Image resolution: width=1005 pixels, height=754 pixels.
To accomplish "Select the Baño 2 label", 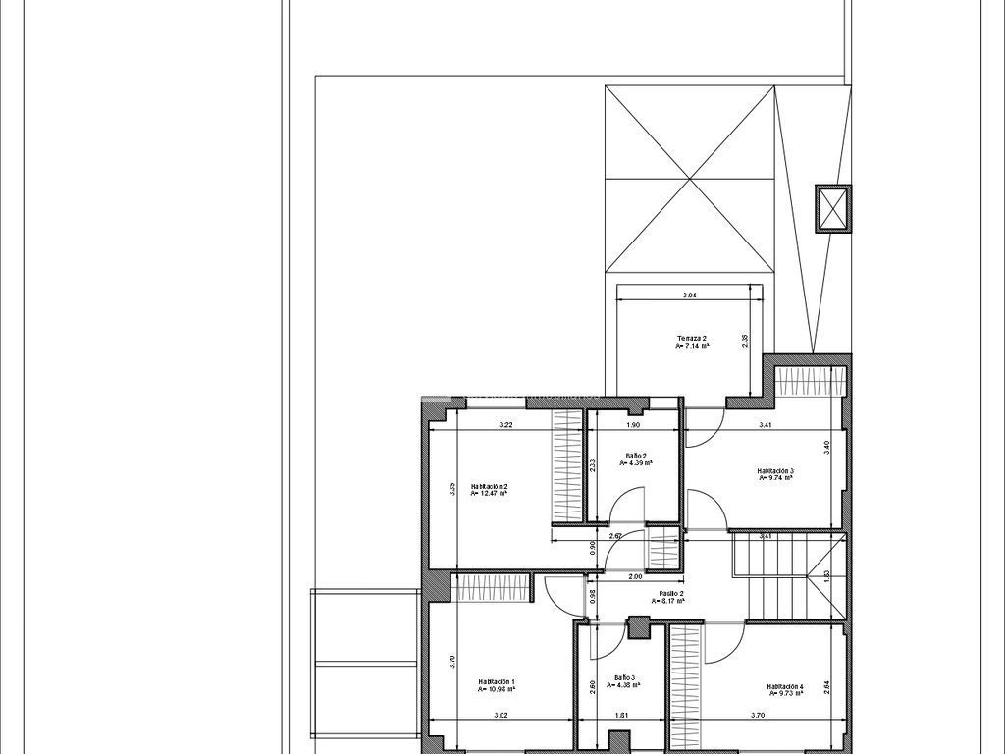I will click(x=636, y=456).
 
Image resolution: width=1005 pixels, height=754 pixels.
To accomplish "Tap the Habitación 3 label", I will click(x=775, y=471).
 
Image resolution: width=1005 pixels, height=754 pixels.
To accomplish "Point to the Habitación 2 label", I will click(x=489, y=486).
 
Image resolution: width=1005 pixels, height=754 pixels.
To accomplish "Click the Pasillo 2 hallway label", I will click(x=671, y=594).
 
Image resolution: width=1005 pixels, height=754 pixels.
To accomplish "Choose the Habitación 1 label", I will click(x=497, y=681).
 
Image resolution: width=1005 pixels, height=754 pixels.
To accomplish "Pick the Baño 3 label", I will click(x=625, y=677).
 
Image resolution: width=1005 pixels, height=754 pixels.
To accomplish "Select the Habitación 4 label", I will click(x=785, y=687).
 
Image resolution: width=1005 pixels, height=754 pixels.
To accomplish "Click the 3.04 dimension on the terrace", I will click(x=690, y=295).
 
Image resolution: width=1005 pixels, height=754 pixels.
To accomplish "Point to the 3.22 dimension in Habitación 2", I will click(x=505, y=425).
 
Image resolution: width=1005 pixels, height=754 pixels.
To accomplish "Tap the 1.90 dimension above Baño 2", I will click(x=633, y=425).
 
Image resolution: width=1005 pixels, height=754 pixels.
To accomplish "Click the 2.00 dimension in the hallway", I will click(x=635, y=576).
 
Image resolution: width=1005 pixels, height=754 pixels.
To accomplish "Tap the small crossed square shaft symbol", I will click(x=832, y=208).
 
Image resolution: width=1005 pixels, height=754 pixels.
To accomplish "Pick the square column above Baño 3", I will click(x=639, y=626).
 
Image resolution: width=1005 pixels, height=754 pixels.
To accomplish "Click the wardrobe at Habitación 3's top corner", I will click(x=810, y=380).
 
